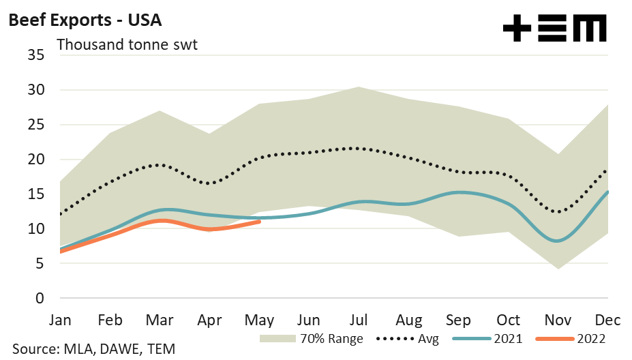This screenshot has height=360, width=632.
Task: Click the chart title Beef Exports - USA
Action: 85,20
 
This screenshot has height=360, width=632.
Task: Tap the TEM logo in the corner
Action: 554,29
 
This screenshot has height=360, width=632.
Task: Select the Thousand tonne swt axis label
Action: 127,45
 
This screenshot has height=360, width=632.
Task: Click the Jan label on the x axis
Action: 61,320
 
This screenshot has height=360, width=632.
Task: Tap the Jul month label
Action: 358,320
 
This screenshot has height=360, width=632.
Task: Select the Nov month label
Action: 558,320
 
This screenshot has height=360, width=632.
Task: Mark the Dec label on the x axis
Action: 606,320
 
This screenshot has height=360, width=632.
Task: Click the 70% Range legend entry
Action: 311,337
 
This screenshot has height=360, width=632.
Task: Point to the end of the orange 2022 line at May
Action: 260,221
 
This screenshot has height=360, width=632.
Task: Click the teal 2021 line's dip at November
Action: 558,241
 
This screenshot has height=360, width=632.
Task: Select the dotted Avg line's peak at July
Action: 359,148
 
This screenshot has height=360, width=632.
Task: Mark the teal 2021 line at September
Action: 459,192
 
